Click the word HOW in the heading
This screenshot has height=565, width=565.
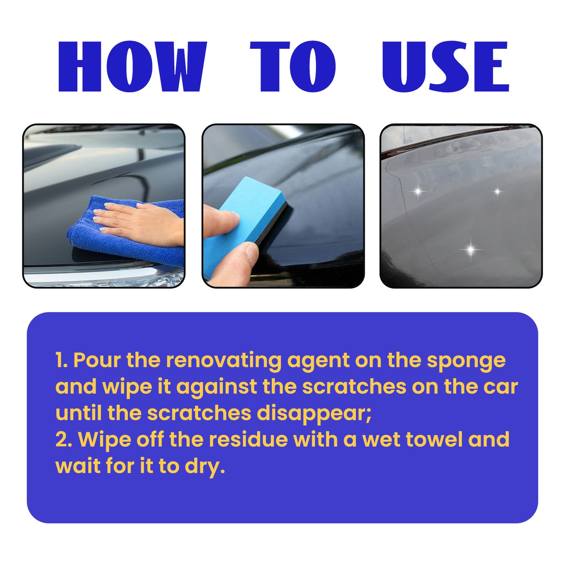pyautogui.click(x=132, y=67)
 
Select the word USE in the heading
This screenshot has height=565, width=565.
pyautogui.click(x=445, y=67)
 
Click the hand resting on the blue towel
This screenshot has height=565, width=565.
pyautogui.click(x=141, y=223)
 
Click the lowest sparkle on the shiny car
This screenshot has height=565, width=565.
pyautogui.click(x=471, y=249)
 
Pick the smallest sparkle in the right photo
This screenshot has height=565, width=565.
pyautogui.click(x=497, y=192)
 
